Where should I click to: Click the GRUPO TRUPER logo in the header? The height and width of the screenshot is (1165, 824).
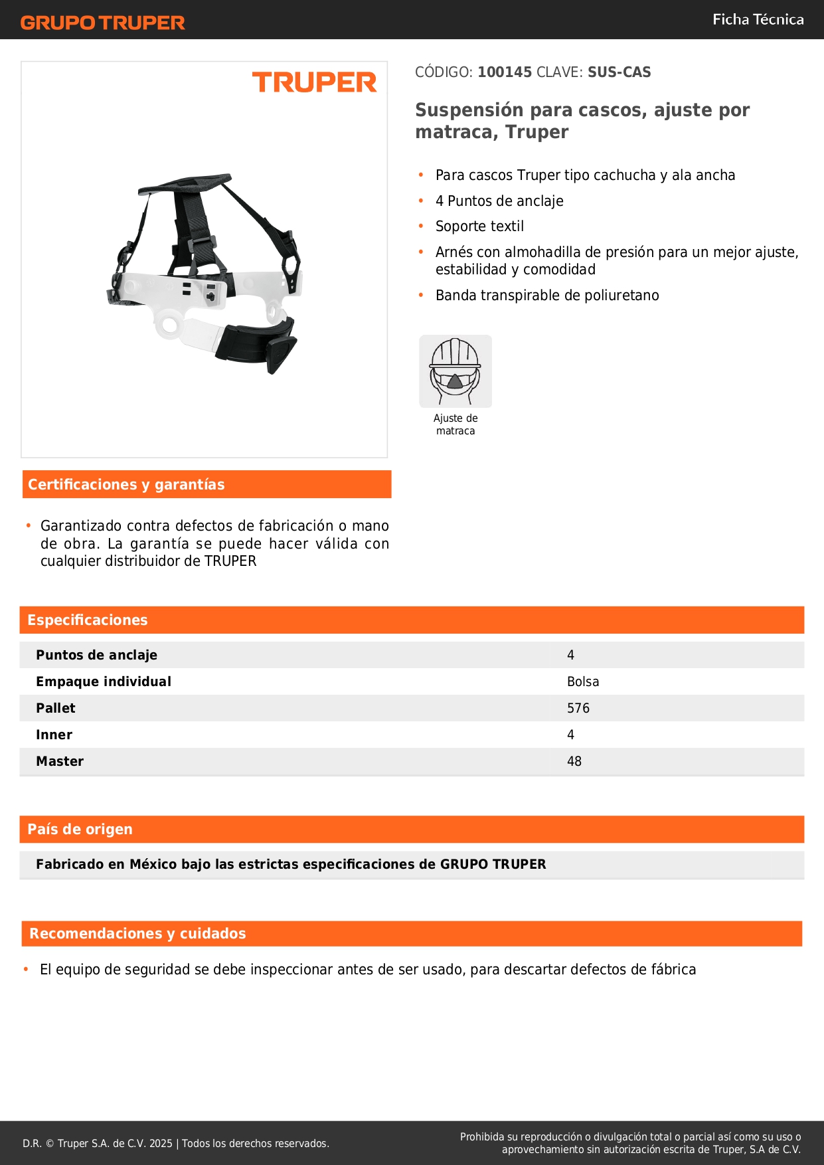pyautogui.click(x=103, y=23)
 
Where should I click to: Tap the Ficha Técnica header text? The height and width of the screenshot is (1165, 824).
pyautogui.click(x=758, y=20)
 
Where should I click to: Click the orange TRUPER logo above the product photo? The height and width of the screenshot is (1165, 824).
pyautogui.click(x=314, y=82)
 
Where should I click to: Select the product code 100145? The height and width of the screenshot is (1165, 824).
pyautogui.click(x=505, y=72)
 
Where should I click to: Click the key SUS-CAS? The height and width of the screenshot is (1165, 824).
pyautogui.click(x=619, y=72)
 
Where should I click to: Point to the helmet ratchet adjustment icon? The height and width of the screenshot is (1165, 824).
pyautogui.click(x=455, y=371)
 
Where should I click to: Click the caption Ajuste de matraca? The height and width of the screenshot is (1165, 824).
pyautogui.click(x=455, y=424)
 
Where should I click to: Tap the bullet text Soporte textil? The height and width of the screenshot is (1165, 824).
pyautogui.click(x=479, y=226)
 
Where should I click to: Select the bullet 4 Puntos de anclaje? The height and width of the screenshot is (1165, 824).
pyautogui.click(x=499, y=201)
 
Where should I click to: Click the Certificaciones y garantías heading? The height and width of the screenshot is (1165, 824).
pyautogui.click(x=126, y=485)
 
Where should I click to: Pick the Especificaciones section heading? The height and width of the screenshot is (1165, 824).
pyautogui.click(x=88, y=620)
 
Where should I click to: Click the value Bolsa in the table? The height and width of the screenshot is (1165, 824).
pyautogui.click(x=583, y=682)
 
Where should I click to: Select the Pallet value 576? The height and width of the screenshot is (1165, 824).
pyautogui.click(x=578, y=709)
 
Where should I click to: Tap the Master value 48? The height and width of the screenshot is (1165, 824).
pyautogui.click(x=574, y=762)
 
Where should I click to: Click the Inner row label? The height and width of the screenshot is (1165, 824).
pyautogui.click(x=54, y=735)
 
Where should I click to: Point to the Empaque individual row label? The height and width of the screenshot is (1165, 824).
pyautogui.click(x=104, y=682)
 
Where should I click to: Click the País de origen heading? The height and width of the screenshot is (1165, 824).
pyautogui.click(x=80, y=830)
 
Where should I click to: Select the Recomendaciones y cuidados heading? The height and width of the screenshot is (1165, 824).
pyautogui.click(x=137, y=934)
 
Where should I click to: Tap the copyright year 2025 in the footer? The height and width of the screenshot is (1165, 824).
pyautogui.click(x=161, y=1144)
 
